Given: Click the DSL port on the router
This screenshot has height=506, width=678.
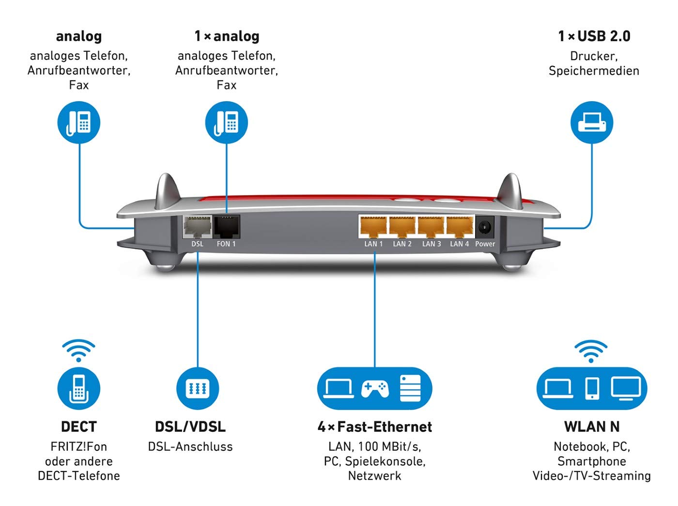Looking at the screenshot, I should click(x=197, y=227).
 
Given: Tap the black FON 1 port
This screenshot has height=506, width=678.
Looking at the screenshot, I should click(x=227, y=227).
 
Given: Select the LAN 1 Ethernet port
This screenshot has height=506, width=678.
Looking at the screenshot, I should click(x=373, y=227).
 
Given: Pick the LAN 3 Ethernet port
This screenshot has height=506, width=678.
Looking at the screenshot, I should click(x=431, y=227).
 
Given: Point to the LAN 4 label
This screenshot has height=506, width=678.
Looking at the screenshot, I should click(x=459, y=244).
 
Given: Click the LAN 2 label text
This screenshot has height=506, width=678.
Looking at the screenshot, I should click(x=402, y=244).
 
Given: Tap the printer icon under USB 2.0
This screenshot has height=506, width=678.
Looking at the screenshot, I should click(x=591, y=123).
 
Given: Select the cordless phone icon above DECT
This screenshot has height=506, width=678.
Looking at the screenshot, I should click(x=78, y=388).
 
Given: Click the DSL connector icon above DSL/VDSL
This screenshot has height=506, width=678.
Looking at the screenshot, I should click(x=198, y=388).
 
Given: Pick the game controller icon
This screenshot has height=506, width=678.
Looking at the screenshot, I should click(x=375, y=388).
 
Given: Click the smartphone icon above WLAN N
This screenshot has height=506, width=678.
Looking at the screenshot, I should click(x=592, y=388).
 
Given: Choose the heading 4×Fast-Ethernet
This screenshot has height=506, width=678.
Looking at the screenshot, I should click(x=375, y=427).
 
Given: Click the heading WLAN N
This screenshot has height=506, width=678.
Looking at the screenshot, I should click(x=592, y=427).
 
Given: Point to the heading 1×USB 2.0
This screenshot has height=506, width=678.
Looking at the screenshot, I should click(x=594, y=36).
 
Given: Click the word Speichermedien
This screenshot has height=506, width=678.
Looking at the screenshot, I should click(x=594, y=71).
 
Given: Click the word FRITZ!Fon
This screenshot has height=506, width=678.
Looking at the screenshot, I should click(x=78, y=446).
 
